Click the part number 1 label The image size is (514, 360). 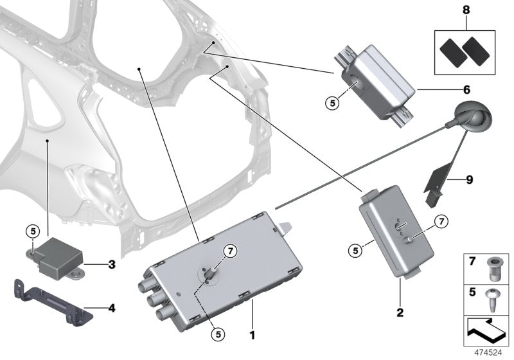click(253, 334)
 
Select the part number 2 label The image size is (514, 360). click(399, 312)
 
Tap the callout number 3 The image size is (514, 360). click(111, 264)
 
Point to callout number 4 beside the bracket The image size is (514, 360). click(111, 308)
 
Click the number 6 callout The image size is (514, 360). click(466, 89)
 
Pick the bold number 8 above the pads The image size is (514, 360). click(466, 10)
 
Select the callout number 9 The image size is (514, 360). click(468, 179)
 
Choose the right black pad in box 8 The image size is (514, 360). click(476, 48)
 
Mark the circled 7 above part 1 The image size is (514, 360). click(229, 251)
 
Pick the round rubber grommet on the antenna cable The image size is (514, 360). click(474, 118)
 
